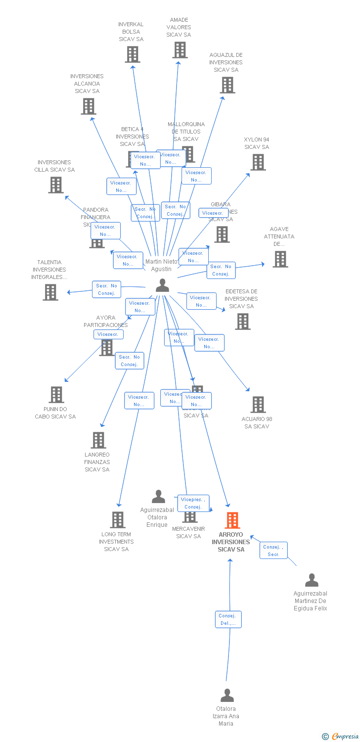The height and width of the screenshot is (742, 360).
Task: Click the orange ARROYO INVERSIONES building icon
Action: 232,520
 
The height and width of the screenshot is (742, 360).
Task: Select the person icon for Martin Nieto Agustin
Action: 162,285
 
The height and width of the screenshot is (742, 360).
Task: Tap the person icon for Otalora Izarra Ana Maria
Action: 227,696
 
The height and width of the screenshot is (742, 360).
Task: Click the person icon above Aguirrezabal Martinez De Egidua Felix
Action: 312,580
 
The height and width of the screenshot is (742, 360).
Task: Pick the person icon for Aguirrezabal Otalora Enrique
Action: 158,496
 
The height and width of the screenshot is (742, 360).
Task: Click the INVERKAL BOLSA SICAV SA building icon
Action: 133,54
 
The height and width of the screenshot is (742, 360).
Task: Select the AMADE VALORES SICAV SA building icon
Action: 180,50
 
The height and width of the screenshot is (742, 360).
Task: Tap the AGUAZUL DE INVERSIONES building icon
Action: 227,85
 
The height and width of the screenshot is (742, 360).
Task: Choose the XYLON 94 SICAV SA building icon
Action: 258,162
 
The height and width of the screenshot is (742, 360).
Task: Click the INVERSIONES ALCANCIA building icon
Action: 89,106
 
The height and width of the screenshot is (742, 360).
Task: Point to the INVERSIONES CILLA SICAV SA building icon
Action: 56,185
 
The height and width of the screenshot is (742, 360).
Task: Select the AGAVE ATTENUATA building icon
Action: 280,259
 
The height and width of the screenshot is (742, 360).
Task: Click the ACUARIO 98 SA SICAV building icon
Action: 258,405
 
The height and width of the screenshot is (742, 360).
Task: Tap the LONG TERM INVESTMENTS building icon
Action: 118,520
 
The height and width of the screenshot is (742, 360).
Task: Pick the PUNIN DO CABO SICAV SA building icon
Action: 56,395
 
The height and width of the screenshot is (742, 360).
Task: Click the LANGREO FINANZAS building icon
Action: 98,440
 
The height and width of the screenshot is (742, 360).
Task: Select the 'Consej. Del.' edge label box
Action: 228,619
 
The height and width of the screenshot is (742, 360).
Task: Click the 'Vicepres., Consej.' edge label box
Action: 193,503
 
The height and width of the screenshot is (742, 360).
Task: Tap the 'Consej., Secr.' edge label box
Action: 273,551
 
